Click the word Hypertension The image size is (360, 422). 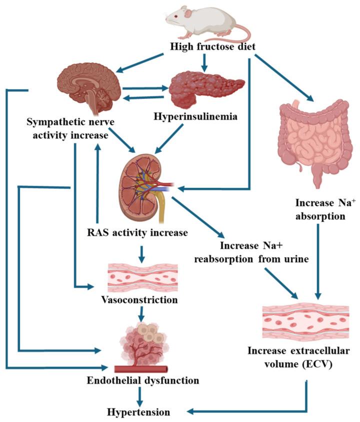click(x=138, y=412)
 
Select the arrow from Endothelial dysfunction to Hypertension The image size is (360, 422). click(x=139, y=396)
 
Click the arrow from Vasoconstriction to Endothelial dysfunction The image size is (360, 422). click(x=142, y=314)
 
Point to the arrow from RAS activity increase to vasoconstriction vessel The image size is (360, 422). click(x=143, y=253)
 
